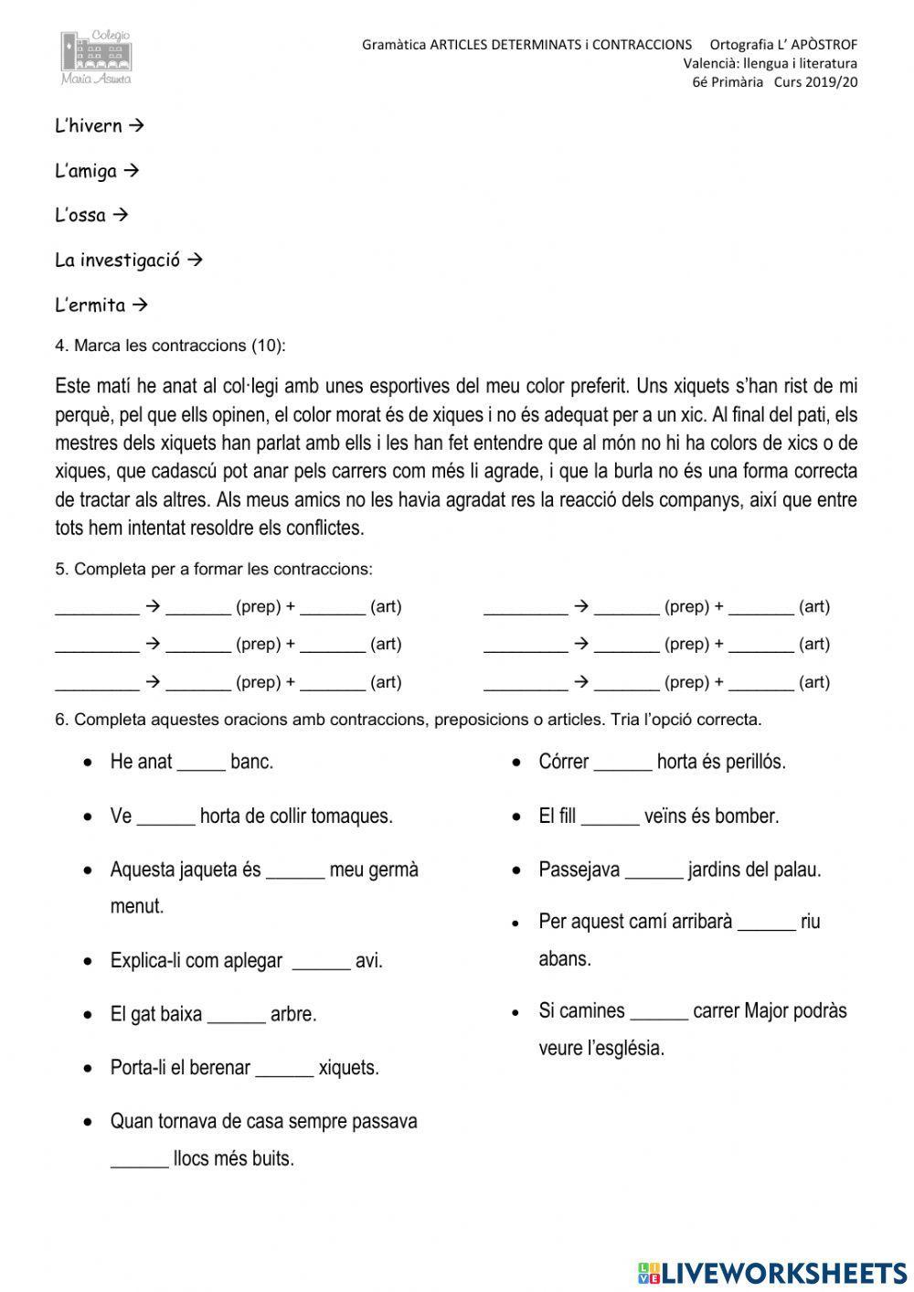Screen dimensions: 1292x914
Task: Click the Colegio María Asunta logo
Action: click(x=97, y=57)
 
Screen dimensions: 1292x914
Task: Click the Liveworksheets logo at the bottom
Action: click(x=772, y=1272)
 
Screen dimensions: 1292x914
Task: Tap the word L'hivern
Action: click(x=88, y=126)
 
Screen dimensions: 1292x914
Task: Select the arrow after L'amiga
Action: click(x=131, y=170)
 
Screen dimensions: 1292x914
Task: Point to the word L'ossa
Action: click(x=80, y=216)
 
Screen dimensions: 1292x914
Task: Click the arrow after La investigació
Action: click(x=194, y=260)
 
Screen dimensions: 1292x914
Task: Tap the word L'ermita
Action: click(x=90, y=305)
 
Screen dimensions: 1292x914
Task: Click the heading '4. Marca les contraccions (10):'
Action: click(x=170, y=346)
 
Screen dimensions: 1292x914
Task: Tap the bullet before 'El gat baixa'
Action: click(x=88, y=1015)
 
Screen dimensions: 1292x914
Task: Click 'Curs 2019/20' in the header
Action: click(x=815, y=81)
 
